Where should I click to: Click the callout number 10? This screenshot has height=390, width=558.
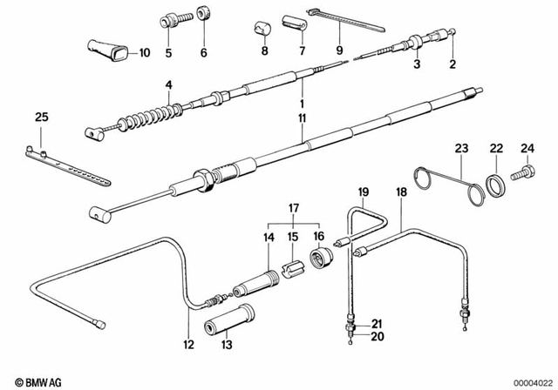click(x=145, y=53)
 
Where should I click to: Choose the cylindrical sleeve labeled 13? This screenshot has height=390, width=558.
click(x=229, y=324)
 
